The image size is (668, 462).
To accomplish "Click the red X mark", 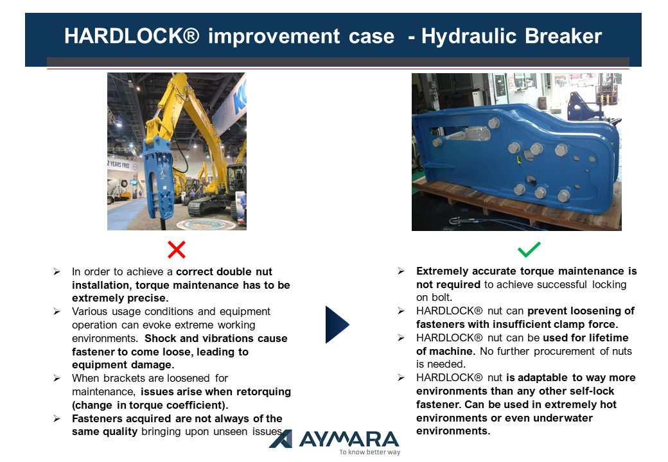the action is click(177, 250).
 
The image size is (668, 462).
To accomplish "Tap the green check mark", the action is click(529, 250).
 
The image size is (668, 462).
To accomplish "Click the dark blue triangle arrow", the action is click(337, 324).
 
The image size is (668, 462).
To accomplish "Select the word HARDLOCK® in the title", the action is click(132, 36).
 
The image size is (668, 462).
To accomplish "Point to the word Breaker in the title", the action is click(563, 36).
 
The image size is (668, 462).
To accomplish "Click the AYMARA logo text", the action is click(349, 439).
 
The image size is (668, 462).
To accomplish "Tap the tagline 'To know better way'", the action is click(370, 452).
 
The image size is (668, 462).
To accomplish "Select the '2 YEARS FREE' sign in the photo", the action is click(119, 165).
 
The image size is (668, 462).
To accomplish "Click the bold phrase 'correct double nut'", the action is click(224, 271).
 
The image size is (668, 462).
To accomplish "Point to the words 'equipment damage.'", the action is click(123, 364).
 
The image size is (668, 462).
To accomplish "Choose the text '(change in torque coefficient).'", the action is click(150, 405).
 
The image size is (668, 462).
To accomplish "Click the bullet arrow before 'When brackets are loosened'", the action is click(57, 378).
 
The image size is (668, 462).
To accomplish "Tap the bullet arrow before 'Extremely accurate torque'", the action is click(401, 271).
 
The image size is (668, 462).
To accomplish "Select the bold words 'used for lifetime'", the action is click(586, 338).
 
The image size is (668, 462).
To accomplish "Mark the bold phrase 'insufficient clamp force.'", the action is click(555, 324).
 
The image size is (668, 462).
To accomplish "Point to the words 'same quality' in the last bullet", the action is click(105, 431).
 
